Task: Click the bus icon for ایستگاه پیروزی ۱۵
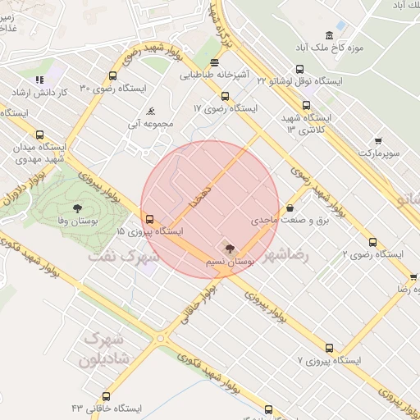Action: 148,219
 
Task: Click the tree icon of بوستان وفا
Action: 76,208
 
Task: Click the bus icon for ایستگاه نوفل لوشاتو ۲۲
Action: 299,70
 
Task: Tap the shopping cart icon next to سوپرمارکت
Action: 377,140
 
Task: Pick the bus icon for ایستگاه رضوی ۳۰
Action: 112,76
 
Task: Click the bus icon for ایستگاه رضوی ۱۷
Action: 226,96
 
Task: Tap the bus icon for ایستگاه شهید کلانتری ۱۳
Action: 307,105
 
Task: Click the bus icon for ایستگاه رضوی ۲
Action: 372,242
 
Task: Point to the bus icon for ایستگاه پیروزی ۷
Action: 329,348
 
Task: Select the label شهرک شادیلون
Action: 103,349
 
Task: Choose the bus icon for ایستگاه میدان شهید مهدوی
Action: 39,135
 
